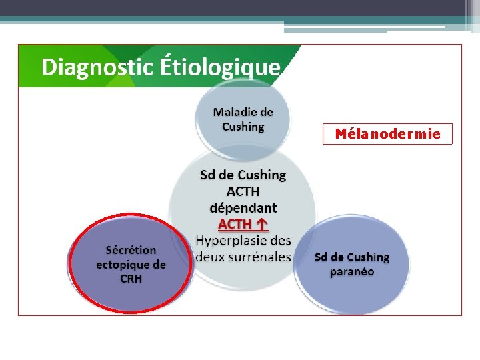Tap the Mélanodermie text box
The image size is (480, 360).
coord(387,134)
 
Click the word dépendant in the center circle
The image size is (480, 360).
coord(243,207)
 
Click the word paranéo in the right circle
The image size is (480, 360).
coord(352,272)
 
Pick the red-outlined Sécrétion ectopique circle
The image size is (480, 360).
coord(130,264)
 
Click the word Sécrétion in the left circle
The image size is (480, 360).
coord(131,250)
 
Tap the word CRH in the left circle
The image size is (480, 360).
coord(131,279)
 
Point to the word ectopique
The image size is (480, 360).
coord(131,264)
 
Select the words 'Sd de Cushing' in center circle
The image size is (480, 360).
coord(243,175)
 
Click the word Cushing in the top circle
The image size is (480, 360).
coord(243,127)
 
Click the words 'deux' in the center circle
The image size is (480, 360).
coord(211,256)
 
